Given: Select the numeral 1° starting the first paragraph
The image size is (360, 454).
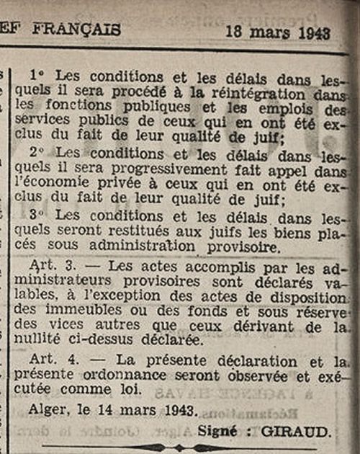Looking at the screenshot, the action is (38, 74).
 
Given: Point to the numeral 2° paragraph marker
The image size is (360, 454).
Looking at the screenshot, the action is (38, 153).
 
